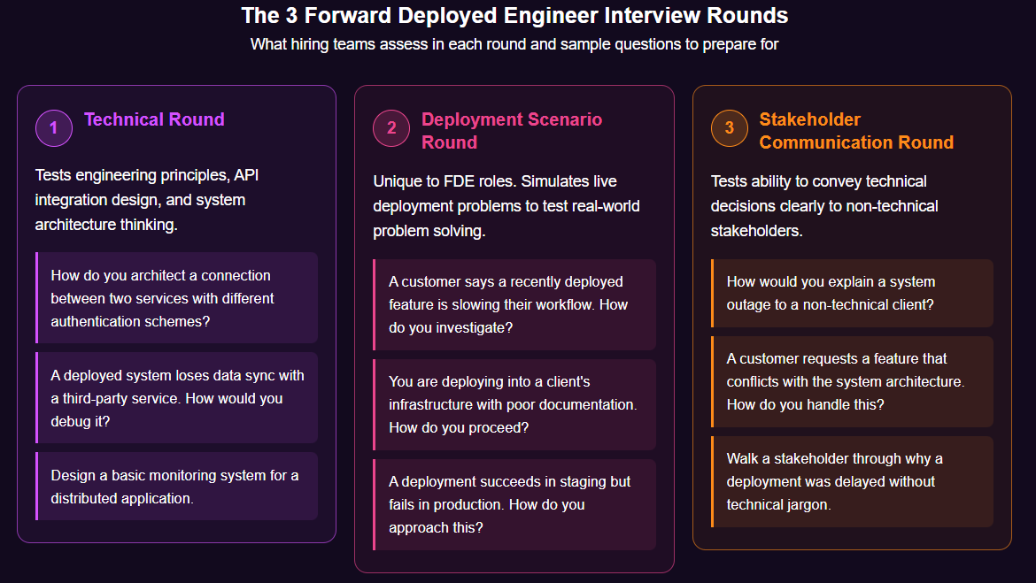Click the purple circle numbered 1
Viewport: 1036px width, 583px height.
53,128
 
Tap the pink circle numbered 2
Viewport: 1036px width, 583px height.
391,128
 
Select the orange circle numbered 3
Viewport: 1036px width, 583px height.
729,128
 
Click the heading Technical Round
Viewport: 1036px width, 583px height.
154,119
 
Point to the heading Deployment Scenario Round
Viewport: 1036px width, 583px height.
511,131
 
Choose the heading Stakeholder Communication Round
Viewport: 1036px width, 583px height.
855,131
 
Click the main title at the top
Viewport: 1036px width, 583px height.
514,16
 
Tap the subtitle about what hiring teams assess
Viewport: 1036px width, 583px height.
514,43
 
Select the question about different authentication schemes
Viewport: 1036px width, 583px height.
176,298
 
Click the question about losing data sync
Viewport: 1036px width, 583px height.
176,398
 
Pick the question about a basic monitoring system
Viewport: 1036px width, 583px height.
176,487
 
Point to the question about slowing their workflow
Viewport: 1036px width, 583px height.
514,304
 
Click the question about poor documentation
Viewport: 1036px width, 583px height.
514,404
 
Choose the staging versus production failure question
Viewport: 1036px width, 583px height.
514,504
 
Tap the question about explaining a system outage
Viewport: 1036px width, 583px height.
852,293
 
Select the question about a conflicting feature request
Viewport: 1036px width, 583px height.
852,381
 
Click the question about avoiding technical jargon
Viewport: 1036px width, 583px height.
852,481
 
